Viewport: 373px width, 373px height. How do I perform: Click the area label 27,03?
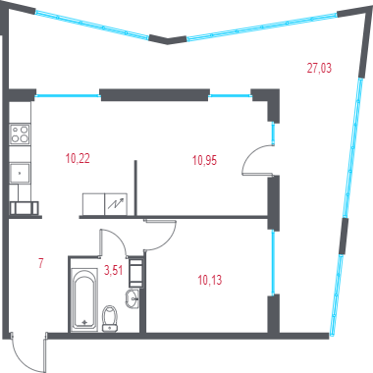tap(319, 68)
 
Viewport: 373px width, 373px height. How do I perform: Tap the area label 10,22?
tap(78, 159)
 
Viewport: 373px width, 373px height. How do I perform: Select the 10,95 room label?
tap(204, 160)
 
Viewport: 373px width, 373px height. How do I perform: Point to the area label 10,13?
tap(210, 280)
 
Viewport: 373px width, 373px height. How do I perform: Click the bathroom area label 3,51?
tap(113, 270)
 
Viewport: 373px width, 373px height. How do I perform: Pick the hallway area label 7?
tap(41, 263)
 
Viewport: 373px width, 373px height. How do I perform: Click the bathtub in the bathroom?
tap(84, 299)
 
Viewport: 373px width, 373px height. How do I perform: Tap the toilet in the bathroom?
tap(110, 318)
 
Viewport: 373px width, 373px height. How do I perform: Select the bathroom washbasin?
tap(133, 298)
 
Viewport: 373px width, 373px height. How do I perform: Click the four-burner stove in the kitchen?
tap(20, 134)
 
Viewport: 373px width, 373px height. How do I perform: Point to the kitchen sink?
tap(20, 173)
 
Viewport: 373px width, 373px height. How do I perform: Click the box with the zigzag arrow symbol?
tap(116, 204)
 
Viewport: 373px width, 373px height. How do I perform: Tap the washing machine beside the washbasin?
tap(136, 272)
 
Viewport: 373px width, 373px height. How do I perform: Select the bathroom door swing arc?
tap(118, 238)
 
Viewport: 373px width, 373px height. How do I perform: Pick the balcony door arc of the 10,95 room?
tap(249, 157)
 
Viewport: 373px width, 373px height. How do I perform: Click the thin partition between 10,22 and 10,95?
tap(135, 187)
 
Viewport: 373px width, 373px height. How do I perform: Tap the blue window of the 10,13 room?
tap(273, 263)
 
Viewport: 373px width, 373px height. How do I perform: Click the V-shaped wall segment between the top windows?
tap(168, 40)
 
